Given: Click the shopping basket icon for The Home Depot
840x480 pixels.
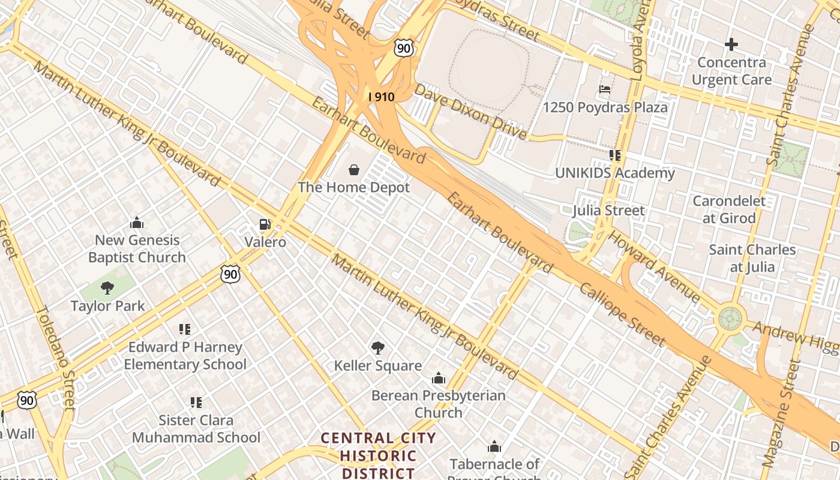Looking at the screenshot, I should [x=354, y=170].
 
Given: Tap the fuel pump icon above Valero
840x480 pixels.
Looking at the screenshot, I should [x=265, y=225].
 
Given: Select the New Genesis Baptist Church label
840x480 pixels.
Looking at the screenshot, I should [x=137, y=249].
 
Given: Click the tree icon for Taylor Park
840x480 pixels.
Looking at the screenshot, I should [x=107, y=288].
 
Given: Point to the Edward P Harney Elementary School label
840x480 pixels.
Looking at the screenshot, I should [x=185, y=356].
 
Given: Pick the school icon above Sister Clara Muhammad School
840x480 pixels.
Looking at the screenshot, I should [x=196, y=402].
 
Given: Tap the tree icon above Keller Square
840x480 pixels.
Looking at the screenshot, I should [x=377, y=347].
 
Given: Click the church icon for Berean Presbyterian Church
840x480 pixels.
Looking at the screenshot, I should [x=439, y=378].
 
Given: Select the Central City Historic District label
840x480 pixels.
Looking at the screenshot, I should [x=378, y=455].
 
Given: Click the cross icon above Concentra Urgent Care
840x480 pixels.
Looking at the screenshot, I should [x=731, y=44].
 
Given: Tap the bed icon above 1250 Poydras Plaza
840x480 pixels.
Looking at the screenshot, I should [x=605, y=90].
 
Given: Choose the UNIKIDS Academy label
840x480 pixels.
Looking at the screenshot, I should [x=614, y=173].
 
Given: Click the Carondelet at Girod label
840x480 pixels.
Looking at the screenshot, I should [x=729, y=209].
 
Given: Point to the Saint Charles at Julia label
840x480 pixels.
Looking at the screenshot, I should [x=752, y=258].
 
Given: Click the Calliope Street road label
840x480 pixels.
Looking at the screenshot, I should [x=622, y=314].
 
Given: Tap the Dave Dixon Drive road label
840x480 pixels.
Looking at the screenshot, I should [x=470, y=112].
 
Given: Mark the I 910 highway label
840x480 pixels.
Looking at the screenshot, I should [x=381, y=96].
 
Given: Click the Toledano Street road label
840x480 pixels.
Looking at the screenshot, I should [x=55, y=358].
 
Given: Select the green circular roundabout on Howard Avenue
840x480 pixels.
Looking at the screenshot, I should [x=730, y=318].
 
